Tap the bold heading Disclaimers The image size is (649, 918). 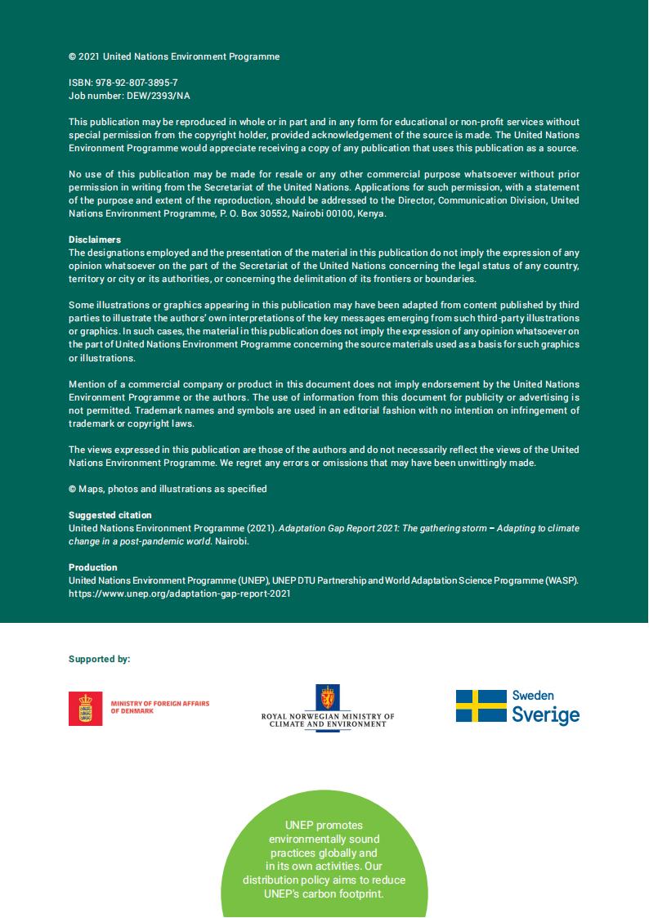click(x=95, y=240)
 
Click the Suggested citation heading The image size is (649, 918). click(x=110, y=515)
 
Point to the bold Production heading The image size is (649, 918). click(x=92, y=567)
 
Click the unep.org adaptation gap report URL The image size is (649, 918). click(x=179, y=594)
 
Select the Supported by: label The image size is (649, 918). click(x=99, y=659)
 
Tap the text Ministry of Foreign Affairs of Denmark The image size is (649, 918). click(x=160, y=707)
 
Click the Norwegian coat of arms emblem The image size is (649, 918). click(x=327, y=699)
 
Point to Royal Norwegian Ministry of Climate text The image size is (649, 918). click(x=327, y=720)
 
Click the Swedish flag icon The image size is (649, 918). click(x=481, y=705)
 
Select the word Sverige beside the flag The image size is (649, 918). click(x=545, y=715)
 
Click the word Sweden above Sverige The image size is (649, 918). click(x=533, y=696)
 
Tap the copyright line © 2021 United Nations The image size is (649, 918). click(x=174, y=56)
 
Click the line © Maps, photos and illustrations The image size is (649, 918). click(x=168, y=489)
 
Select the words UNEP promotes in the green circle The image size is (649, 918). click(x=324, y=825)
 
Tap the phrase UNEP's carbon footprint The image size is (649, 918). click(x=324, y=893)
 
